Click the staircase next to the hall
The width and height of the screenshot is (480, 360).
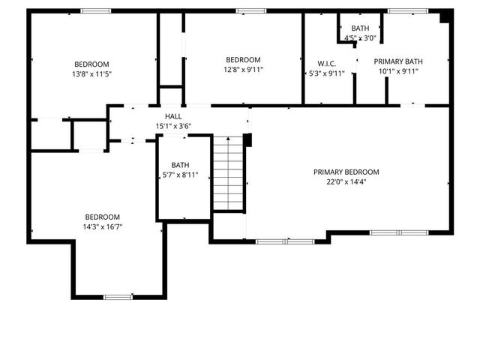click(x=228, y=173)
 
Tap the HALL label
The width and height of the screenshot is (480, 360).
click(x=173, y=117)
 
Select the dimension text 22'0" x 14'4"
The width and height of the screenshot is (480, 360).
click(x=346, y=181)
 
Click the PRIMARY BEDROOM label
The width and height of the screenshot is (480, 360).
click(x=346, y=172)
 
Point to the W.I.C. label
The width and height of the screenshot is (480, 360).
click(x=326, y=64)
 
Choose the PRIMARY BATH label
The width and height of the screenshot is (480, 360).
click(x=400, y=61)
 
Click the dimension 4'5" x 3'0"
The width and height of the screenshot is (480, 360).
click(x=360, y=37)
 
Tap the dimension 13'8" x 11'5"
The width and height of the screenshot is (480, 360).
click(x=91, y=73)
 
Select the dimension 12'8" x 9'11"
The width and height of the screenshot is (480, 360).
click(x=244, y=70)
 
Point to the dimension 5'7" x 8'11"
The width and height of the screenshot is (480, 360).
click(x=181, y=175)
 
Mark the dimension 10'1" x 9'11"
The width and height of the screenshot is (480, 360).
click(x=400, y=72)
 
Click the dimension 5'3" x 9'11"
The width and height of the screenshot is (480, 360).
click(x=326, y=73)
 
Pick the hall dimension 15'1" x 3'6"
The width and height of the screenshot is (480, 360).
click(x=173, y=126)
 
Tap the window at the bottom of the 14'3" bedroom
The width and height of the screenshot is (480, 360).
click(x=118, y=297)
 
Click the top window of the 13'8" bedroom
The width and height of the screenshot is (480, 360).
click(x=96, y=10)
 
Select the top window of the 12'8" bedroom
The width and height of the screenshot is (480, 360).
click(x=246, y=10)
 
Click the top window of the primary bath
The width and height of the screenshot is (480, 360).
click(x=408, y=10)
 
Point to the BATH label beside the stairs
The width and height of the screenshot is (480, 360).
click(x=181, y=165)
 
